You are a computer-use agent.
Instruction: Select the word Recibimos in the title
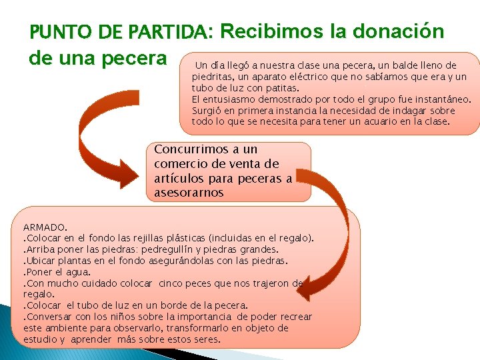click(x=271, y=31)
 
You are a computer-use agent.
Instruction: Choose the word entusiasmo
click(x=229, y=99)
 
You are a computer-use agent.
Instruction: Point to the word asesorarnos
click(x=189, y=193)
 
